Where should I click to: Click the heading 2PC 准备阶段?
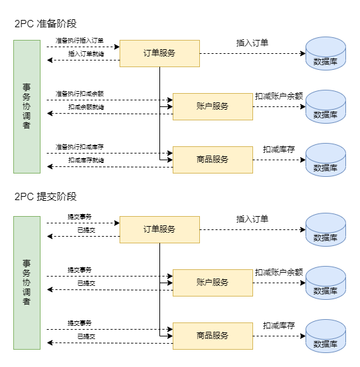pos(46,24)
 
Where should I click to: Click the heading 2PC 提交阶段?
pos(46,196)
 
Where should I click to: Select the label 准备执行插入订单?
pos(80,41)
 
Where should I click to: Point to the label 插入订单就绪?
pos(86,54)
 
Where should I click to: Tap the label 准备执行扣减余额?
pos(80,94)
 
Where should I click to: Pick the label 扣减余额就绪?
pos(86,107)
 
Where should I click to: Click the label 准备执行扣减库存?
pos(80,147)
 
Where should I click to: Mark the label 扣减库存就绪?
pos(86,160)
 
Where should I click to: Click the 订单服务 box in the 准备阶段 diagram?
pos(159,53)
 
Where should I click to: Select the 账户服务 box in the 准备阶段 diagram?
pos(213,107)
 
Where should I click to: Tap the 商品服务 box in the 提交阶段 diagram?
pos(213,336)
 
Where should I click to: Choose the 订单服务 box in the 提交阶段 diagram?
pos(159,229)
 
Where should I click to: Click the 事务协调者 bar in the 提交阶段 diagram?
pos(27,283)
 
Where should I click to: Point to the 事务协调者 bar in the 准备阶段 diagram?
pos(27,107)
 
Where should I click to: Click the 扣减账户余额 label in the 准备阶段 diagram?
pos(279,96)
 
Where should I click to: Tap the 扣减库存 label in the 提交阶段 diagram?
pos(279,325)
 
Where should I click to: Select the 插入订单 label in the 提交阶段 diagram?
pos(252,219)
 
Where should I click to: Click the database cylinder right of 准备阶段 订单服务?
pos(326,53)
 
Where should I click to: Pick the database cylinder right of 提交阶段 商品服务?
pos(326,336)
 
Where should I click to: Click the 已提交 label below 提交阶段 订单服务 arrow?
pos(86,230)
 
